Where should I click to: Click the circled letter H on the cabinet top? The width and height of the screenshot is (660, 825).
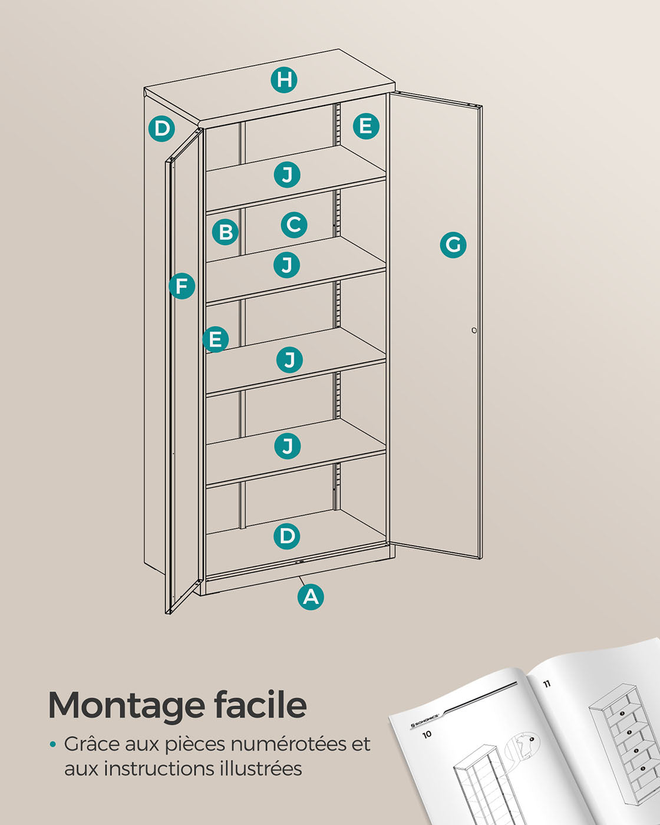click(284, 80)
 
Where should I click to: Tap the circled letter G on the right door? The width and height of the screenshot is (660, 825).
click(453, 245)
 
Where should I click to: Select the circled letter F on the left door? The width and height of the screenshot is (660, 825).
click(181, 286)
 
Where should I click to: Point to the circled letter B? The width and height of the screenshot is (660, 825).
click(225, 232)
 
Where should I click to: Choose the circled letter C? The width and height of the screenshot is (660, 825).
click(294, 225)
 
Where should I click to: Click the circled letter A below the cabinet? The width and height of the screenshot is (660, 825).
click(311, 597)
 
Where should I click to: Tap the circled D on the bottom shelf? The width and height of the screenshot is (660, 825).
click(287, 536)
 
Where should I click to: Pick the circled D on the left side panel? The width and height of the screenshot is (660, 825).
click(162, 128)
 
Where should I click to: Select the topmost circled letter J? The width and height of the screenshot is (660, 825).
click(287, 175)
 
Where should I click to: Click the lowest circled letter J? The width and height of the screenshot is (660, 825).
click(287, 446)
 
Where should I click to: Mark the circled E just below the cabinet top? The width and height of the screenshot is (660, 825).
click(366, 126)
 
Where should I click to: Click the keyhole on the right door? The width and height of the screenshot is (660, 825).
click(474, 330)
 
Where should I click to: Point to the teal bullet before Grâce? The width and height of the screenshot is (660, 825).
click(53, 745)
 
